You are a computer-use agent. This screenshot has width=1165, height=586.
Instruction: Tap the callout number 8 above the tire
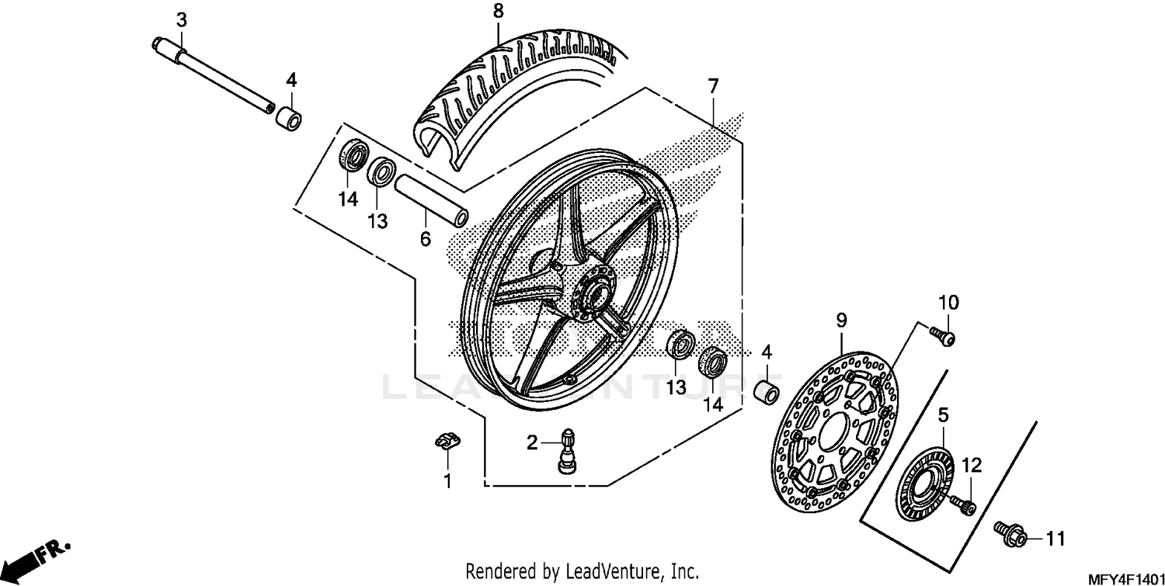(x=498, y=11)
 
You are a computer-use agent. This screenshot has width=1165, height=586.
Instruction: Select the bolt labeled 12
(x=966, y=505)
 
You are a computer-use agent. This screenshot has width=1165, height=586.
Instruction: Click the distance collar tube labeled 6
(x=432, y=202)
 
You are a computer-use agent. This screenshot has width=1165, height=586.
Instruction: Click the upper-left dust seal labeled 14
(x=354, y=157)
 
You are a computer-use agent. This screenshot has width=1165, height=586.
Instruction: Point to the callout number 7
(x=712, y=86)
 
